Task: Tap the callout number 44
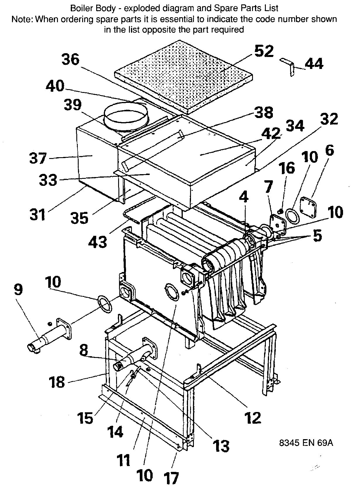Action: [x=314, y=64]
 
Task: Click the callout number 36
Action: [x=70, y=60]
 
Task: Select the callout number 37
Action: [x=38, y=159]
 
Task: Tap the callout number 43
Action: [x=98, y=242]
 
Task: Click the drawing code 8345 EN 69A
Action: [x=306, y=443]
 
